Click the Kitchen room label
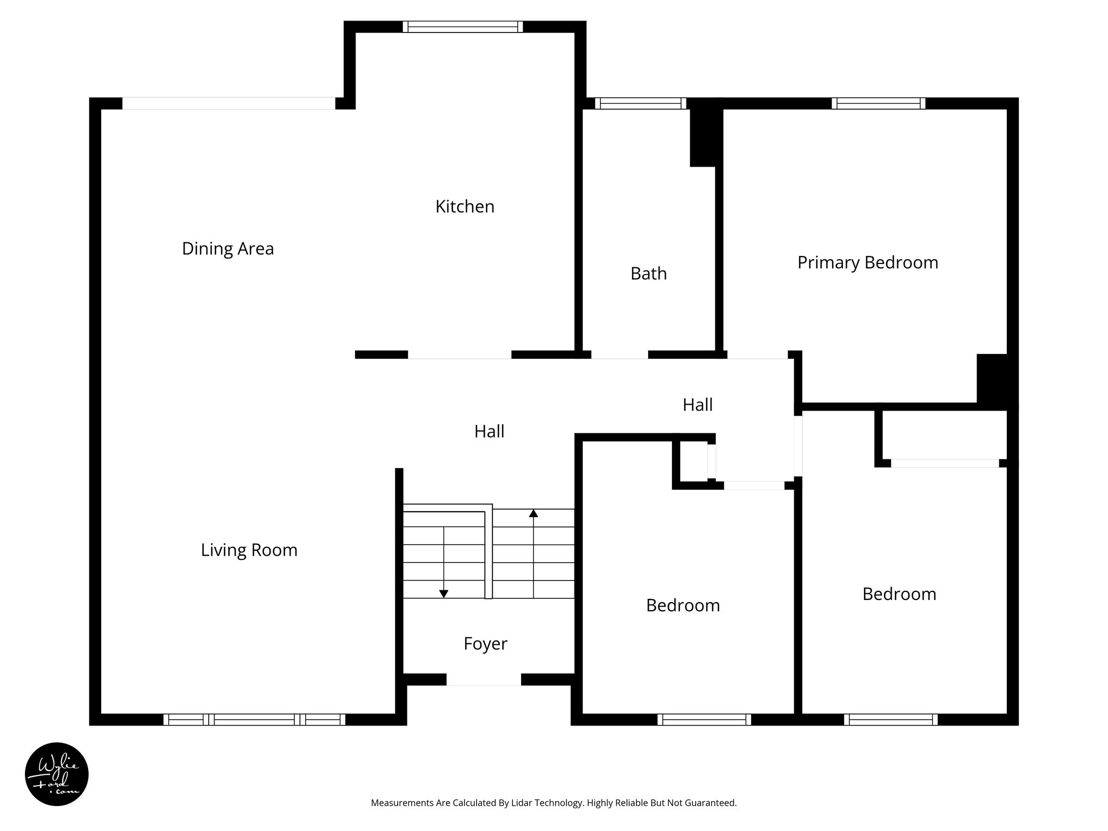pyautogui.click(x=465, y=207)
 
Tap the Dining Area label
pyautogui.click(x=228, y=249)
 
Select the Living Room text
pyautogui.click(x=249, y=550)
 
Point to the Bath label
pyautogui.click(x=648, y=274)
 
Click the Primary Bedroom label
pyautogui.click(x=867, y=262)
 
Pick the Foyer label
pyautogui.click(x=485, y=644)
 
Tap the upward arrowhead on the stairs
pyautogui.click(x=533, y=513)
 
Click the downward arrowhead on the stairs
pyautogui.click(x=444, y=594)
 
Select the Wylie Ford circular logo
pyautogui.click(x=57, y=774)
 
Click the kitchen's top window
pyautogui.click(x=463, y=27)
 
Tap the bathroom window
pyautogui.click(x=641, y=103)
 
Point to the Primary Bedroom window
pyautogui.click(x=878, y=103)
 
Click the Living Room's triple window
pyautogui.click(x=254, y=720)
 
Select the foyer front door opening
pyautogui.click(x=484, y=681)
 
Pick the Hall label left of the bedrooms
pyautogui.click(x=489, y=432)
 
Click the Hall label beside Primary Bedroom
pyautogui.click(x=697, y=405)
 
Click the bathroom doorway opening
pyautogui.click(x=619, y=355)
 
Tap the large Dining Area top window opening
pyautogui.click(x=228, y=103)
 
